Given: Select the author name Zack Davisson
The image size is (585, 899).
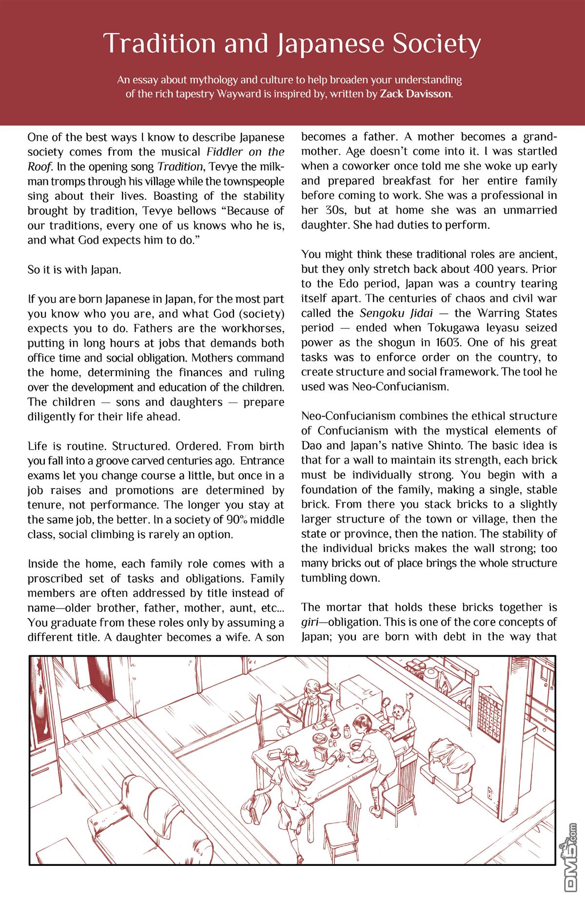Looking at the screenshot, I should tap(415, 94).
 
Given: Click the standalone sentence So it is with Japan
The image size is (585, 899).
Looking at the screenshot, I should tap(74, 270).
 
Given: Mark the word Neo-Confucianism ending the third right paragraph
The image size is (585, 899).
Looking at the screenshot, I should tap(398, 387).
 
